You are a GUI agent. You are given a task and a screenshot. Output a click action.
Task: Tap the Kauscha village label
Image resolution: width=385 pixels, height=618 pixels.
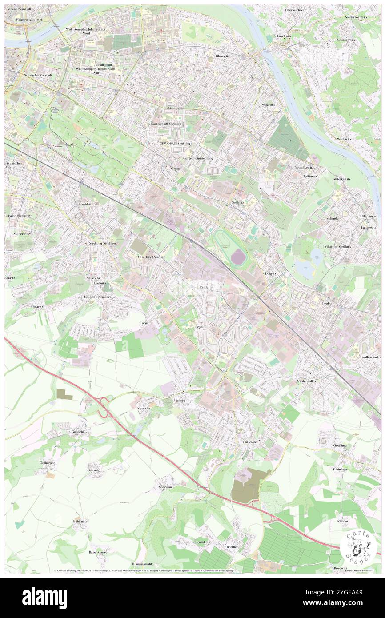point(143,408)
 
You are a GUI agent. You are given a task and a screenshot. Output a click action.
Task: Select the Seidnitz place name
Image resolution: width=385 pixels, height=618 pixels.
point(237,202)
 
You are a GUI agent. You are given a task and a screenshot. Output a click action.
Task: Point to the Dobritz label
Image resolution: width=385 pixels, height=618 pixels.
point(270,273)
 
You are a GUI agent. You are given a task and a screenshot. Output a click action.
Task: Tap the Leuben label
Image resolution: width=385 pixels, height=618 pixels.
point(327,303)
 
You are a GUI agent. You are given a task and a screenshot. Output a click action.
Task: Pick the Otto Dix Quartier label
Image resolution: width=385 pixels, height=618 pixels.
point(151,257)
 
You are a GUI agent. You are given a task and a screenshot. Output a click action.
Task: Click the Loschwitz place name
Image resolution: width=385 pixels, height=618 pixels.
point(284,36)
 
